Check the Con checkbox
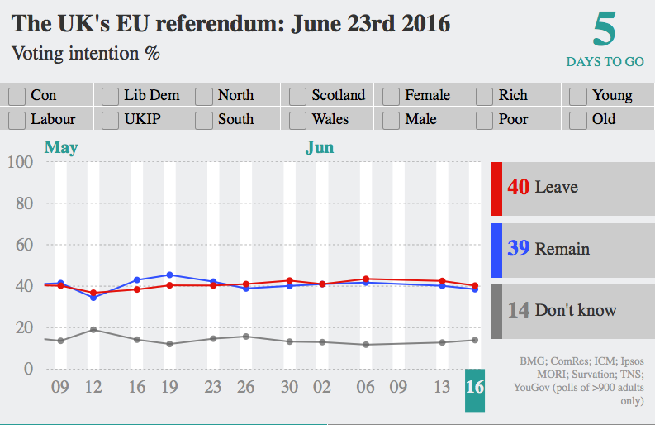coord(17,96)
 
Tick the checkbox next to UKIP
coord(110,120)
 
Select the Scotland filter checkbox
coord(297,96)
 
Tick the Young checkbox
coord(578,96)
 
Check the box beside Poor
coord(485,120)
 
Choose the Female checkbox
coord(392,96)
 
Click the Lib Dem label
coord(151,96)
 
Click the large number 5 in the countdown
coord(605,31)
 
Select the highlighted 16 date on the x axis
coord(475,387)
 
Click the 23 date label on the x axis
coord(213,387)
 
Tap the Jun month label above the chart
coord(320,148)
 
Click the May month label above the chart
coord(61,148)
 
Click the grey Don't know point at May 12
coord(93,330)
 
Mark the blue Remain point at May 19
coord(169,275)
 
